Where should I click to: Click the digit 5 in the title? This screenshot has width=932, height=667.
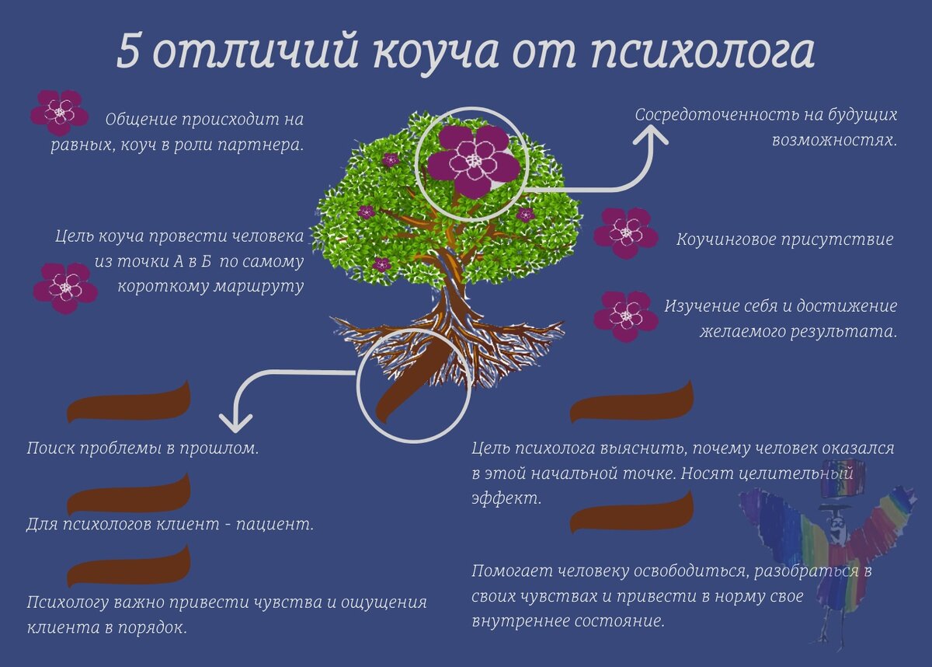pos(130,51)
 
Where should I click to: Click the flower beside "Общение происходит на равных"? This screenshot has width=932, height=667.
pos(59,113)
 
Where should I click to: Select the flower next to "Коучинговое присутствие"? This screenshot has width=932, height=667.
pos(625,232)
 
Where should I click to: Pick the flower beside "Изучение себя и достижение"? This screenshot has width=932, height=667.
pos(625,316)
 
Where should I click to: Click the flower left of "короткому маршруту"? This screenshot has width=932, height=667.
pos(65,288)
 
